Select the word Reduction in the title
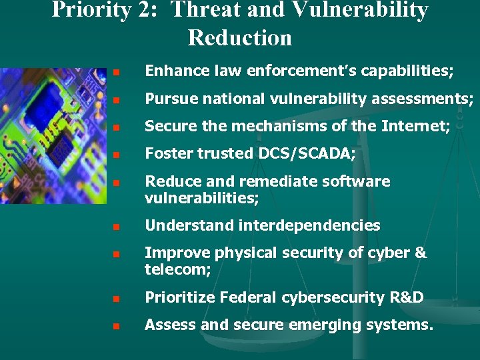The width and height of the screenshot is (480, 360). pyautogui.click(x=240, y=37)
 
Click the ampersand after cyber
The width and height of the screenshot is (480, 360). pyautogui.click(x=420, y=253)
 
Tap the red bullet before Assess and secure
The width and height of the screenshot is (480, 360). pyautogui.click(x=115, y=327)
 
